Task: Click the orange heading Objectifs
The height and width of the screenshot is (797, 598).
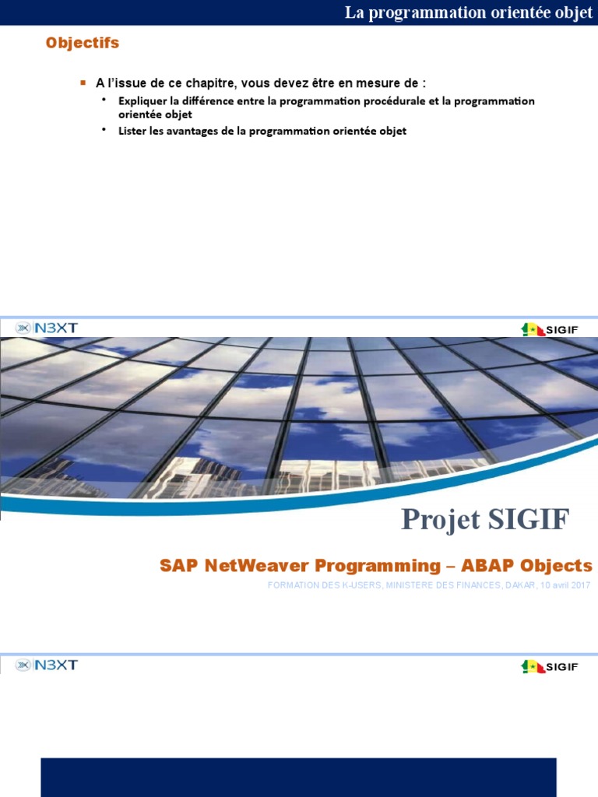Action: [x=83, y=44]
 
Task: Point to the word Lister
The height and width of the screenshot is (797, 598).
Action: [x=132, y=131]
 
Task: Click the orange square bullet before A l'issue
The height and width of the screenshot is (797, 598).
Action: [x=83, y=83]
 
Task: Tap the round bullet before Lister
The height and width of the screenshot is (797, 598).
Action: [x=104, y=130]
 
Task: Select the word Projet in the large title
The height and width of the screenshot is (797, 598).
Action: [x=438, y=519]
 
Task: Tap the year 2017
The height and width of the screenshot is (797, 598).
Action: [x=578, y=585]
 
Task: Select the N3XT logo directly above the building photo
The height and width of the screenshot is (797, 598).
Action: [x=47, y=328]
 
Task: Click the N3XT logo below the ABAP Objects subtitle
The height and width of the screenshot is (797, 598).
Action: [x=47, y=665]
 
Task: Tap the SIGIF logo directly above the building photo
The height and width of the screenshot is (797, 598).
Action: [x=550, y=329]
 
